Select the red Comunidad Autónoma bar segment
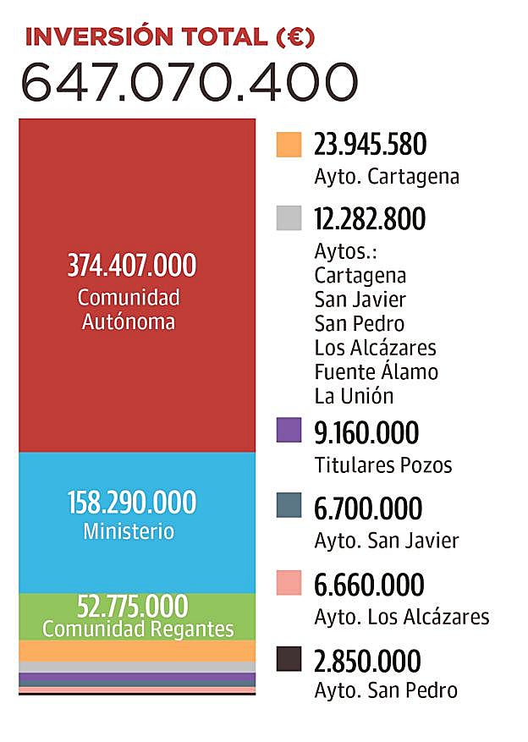(x=137, y=195)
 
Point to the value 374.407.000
(x=131, y=266)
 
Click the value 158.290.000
(x=131, y=503)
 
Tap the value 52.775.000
(x=131, y=607)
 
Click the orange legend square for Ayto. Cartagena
(x=289, y=145)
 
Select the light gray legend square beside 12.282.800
(x=289, y=219)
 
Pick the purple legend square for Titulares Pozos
(x=289, y=431)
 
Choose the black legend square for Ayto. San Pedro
(x=289, y=658)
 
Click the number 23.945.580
(x=370, y=145)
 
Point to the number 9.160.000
(x=366, y=432)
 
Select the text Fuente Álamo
(x=376, y=371)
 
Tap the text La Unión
(x=354, y=395)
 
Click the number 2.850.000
(x=367, y=660)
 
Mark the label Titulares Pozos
(x=382, y=464)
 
